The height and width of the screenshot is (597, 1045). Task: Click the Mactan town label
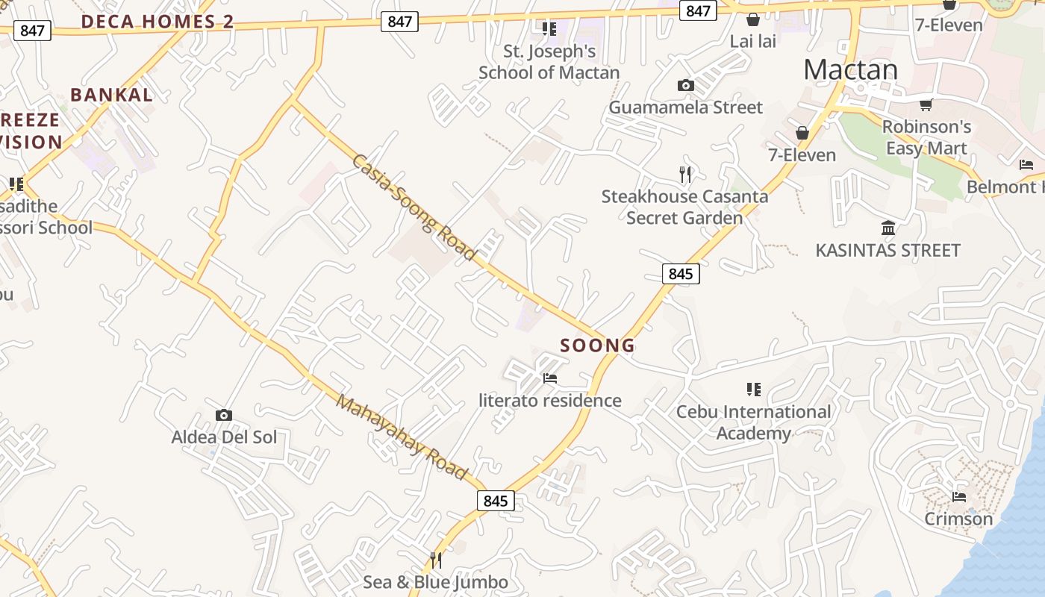pyautogui.click(x=851, y=69)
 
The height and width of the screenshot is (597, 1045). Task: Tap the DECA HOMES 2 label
pyautogui.click(x=157, y=22)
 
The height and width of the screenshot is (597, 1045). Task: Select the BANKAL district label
pyautogui.click(x=112, y=95)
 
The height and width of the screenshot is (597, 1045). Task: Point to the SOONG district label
pyautogui.click(x=597, y=346)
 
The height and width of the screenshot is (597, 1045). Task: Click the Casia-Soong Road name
pyautogui.click(x=414, y=207)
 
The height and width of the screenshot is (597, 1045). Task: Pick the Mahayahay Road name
pyautogui.click(x=402, y=437)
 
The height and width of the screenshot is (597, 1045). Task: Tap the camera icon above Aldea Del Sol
pyautogui.click(x=223, y=416)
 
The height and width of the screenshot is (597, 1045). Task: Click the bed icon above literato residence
pyautogui.click(x=550, y=378)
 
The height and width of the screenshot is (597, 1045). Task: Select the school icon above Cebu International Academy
pyautogui.click(x=753, y=389)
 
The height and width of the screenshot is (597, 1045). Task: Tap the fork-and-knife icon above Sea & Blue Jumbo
pyautogui.click(x=436, y=560)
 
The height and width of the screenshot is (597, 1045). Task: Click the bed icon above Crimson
pyautogui.click(x=959, y=496)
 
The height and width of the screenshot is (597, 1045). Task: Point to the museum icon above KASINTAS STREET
pyautogui.click(x=888, y=228)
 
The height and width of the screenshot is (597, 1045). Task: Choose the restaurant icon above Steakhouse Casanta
pyautogui.click(x=684, y=175)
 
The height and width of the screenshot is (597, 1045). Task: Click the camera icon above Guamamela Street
pyautogui.click(x=685, y=86)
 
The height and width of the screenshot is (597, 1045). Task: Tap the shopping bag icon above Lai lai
pyautogui.click(x=752, y=19)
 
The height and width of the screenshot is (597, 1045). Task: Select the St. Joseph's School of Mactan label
pyautogui.click(x=549, y=62)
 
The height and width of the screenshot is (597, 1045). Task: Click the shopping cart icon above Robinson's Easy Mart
pyautogui.click(x=926, y=105)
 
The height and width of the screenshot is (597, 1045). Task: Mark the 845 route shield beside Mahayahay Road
pyautogui.click(x=495, y=501)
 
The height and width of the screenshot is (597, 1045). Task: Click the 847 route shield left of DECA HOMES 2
pyautogui.click(x=32, y=31)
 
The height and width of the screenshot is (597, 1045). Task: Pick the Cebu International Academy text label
pyautogui.click(x=753, y=422)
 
